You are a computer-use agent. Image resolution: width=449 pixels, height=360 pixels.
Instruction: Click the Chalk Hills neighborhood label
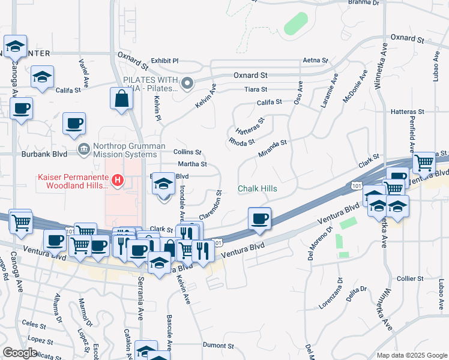258,188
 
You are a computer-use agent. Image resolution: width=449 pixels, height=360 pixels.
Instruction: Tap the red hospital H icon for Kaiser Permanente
118,179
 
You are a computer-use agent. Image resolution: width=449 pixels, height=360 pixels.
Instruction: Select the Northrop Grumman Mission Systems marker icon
83,148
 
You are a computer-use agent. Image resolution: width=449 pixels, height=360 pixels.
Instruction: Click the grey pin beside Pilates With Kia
188,83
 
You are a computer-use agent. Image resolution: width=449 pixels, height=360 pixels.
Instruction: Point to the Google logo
19,353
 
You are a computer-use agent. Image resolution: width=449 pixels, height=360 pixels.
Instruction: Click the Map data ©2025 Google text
412,355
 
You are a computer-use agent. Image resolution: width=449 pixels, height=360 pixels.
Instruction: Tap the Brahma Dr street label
364,2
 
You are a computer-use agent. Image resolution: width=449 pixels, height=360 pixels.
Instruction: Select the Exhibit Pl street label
164,61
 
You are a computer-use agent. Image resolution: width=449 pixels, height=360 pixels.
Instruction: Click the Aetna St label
315,61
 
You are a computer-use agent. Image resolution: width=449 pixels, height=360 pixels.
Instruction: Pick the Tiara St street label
256,89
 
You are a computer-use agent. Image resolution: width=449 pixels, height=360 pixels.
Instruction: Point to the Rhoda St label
241,141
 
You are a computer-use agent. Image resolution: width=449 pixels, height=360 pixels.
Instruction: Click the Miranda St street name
273,148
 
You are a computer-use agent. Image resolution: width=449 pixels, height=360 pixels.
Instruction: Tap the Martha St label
192,164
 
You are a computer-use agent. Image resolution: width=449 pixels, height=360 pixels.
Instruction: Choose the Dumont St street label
218,346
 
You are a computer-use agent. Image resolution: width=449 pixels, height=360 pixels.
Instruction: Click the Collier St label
411,279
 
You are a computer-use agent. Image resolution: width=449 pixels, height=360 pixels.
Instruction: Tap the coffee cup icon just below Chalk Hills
259,218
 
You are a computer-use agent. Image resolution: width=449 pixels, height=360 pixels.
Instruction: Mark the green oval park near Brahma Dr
295,23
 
